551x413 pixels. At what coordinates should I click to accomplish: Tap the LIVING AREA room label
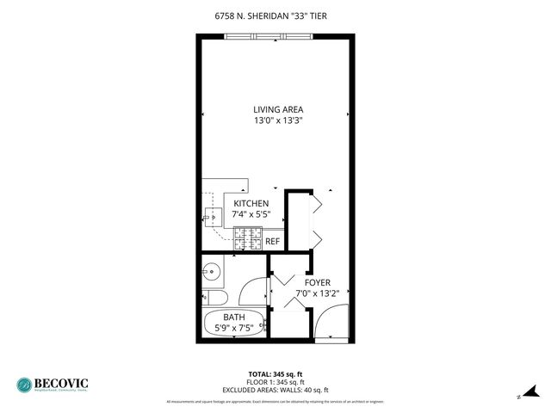click(x=278, y=109)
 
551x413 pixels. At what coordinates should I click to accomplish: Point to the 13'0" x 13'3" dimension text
click(x=278, y=121)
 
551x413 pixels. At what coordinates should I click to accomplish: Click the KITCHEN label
click(x=251, y=203)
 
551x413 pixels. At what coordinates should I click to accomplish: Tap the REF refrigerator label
click(x=272, y=242)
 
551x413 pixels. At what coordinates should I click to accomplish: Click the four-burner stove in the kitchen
click(x=247, y=239)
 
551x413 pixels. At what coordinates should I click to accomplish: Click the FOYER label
click(x=317, y=281)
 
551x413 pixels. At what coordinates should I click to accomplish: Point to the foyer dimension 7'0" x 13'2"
click(x=317, y=293)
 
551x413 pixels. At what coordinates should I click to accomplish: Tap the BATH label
click(x=235, y=317)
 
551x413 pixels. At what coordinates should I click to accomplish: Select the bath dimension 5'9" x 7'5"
click(x=235, y=328)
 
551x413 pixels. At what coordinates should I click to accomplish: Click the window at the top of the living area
click(x=266, y=36)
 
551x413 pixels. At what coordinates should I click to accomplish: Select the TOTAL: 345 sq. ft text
click(x=275, y=373)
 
